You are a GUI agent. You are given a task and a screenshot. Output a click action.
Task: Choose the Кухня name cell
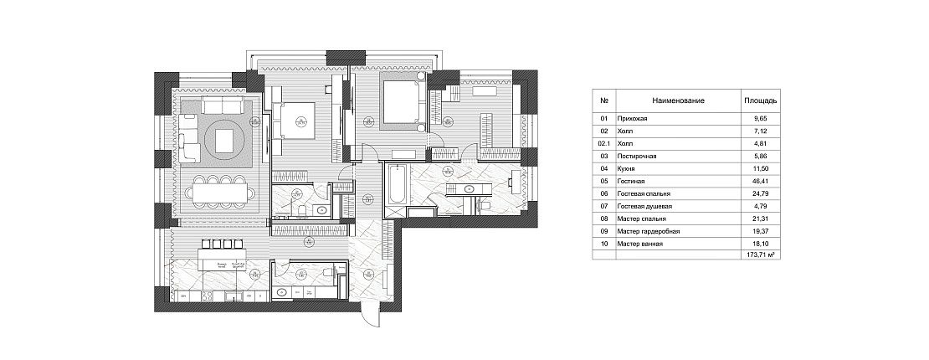[x=625, y=167]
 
